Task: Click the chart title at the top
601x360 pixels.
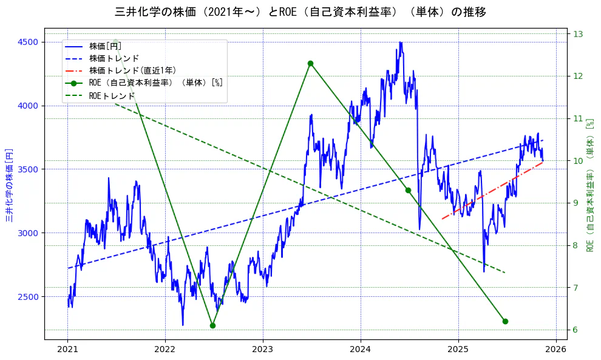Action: coord(300,12)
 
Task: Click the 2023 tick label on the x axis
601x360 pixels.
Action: coord(263,349)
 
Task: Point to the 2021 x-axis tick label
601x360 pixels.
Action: coord(67,349)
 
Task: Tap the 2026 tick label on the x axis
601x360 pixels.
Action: coord(555,349)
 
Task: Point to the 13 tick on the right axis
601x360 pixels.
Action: coord(577,34)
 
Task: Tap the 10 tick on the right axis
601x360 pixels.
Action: coord(577,161)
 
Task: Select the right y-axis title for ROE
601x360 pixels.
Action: coord(589,185)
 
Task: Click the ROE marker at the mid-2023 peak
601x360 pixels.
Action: coord(310,63)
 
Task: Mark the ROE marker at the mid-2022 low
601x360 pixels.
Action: coord(212,325)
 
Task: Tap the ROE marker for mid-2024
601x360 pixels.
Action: coord(408,190)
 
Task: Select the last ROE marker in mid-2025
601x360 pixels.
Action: coord(505,321)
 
